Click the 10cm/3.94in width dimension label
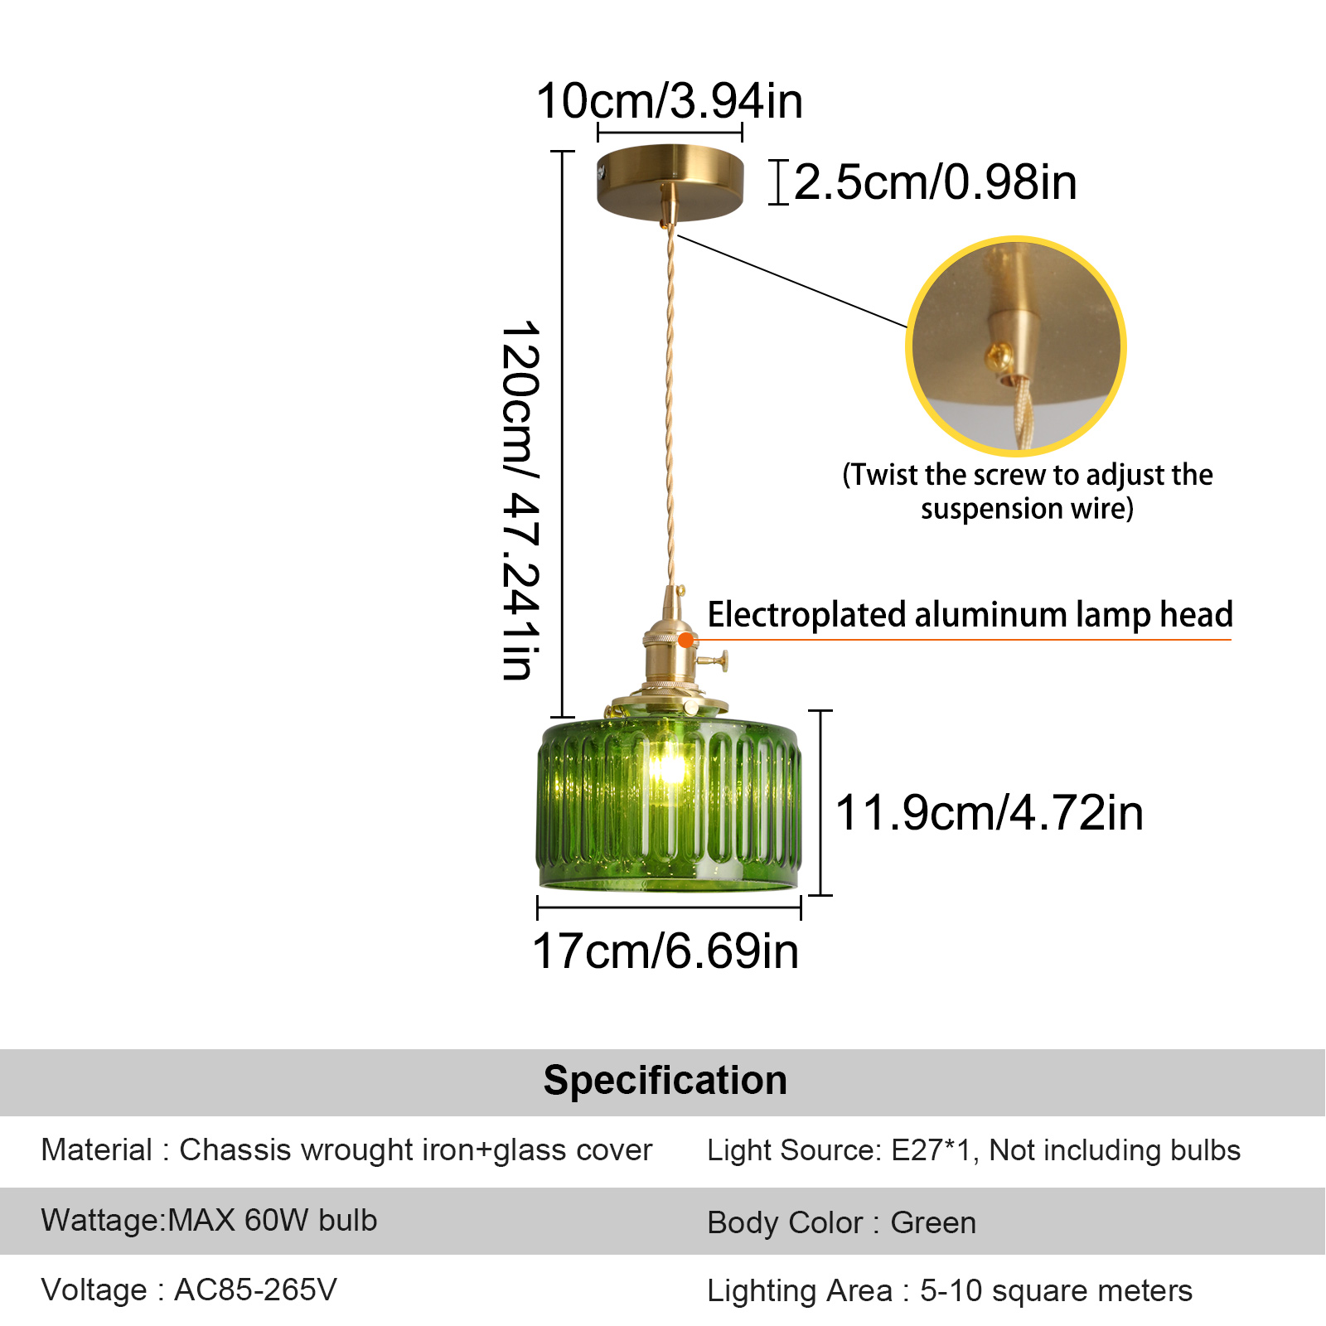pos(670,101)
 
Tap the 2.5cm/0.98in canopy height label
pos(936,182)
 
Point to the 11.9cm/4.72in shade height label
pos(990,812)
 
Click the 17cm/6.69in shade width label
pos(665,951)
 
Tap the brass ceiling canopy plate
pos(670,182)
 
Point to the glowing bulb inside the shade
pos(668,767)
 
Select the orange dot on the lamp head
pos(685,640)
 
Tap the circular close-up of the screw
pos(1016,346)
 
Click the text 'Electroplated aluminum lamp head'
pos(970,615)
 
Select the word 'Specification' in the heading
pos(665,1080)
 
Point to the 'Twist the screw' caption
pos(1028,491)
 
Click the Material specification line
pos(346,1150)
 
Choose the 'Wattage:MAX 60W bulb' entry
pos(209,1220)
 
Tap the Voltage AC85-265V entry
pos(189,1290)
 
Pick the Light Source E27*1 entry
pos(974,1150)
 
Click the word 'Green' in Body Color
pos(933,1222)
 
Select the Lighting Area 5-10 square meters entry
pos(950,1290)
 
